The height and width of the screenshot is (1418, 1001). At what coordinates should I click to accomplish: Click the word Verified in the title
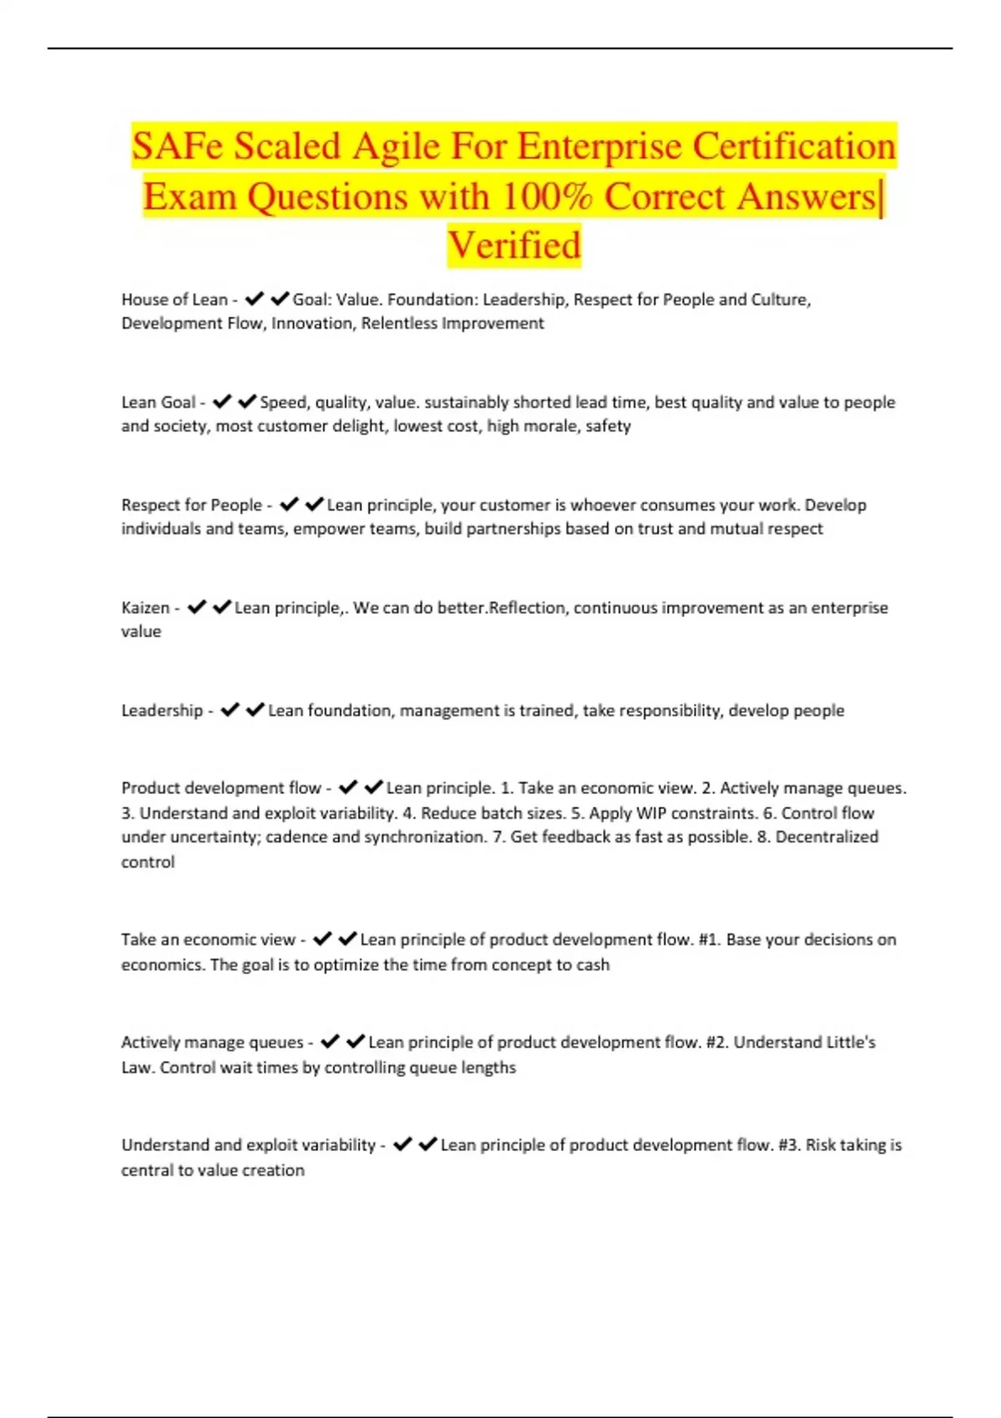[514, 245]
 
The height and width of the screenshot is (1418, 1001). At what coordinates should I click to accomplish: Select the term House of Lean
[174, 299]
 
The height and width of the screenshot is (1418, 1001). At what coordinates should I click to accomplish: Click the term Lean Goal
[158, 402]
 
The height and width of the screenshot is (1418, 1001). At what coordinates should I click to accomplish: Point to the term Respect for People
[192, 505]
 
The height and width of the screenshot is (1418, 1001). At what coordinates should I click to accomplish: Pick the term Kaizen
[145, 607]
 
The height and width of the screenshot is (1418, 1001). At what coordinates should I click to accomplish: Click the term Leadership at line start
[162, 711]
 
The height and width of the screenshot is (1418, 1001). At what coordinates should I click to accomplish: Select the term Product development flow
[221, 788]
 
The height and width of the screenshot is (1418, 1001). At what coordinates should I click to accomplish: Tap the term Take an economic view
[208, 940]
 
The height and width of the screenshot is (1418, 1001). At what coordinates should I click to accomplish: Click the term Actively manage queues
[212, 1043]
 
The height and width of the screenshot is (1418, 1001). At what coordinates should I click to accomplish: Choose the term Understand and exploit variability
[248, 1145]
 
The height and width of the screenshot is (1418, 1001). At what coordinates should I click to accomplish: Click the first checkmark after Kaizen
[197, 607]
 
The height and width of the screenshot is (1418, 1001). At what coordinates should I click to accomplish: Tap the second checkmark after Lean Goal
[247, 402]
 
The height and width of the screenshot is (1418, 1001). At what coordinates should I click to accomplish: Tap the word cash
[592, 965]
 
